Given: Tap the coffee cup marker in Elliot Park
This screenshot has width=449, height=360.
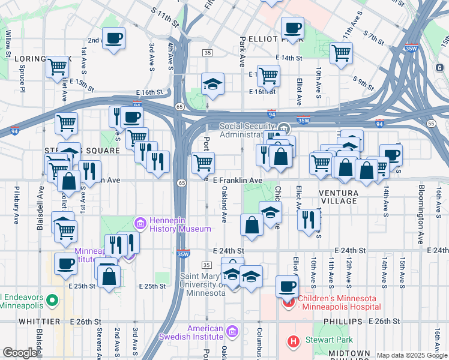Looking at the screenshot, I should (292, 28).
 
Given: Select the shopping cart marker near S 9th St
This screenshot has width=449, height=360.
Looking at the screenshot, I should (341, 53).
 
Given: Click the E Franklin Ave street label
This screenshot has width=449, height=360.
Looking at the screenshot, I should (238, 180).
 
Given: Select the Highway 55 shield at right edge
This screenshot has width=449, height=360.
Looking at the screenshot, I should (432, 123).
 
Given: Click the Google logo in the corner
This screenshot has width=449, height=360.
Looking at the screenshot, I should (20, 353).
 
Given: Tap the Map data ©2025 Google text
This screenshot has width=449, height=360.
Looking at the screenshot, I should (412, 355).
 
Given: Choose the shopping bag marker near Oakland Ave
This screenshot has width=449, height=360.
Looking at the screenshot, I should (252, 225).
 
